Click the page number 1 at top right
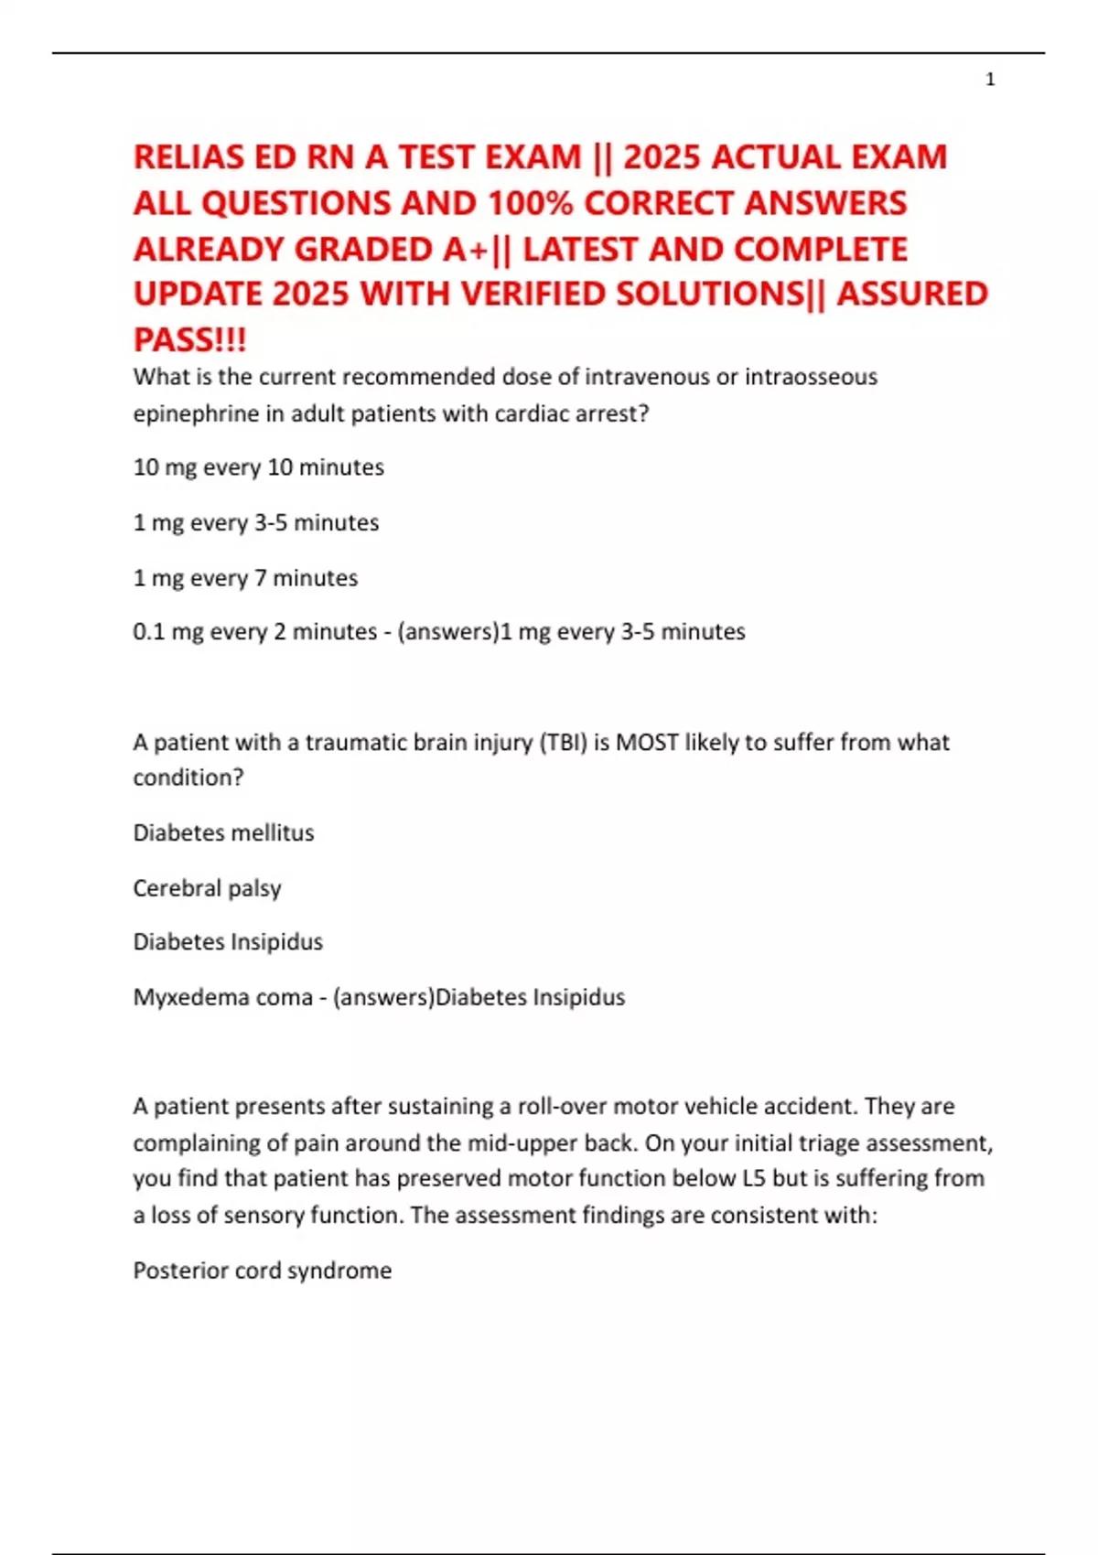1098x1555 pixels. (x=990, y=80)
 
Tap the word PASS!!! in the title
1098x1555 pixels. (x=189, y=340)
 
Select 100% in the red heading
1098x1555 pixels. (x=527, y=203)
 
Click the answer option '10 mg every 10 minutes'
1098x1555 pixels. (x=258, y=467)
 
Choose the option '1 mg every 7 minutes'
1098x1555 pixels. (x=245, y=578)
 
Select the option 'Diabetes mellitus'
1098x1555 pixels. (x=223, y=832)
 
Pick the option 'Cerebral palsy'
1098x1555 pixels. (x=207, y=888)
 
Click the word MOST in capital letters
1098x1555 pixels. (x=647, y=742)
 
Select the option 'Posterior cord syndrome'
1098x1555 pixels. (x=262, y=1271)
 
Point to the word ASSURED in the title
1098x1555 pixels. (x=912, y=295)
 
